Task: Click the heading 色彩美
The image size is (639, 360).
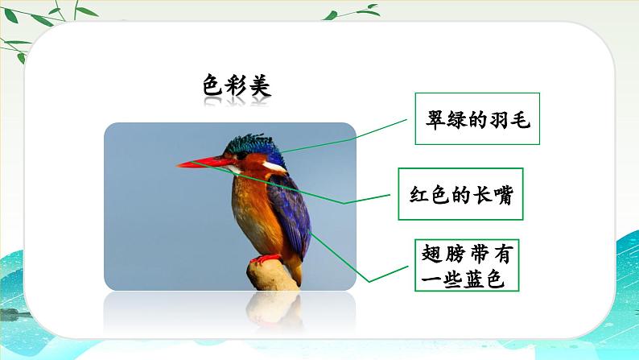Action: point(237,85)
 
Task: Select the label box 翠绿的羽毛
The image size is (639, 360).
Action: point(477,118)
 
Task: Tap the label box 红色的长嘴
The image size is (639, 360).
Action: point(460,194)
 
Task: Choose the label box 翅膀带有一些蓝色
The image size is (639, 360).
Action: point(467,266)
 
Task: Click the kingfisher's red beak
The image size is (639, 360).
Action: point(202,163)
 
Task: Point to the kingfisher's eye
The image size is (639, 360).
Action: point(241,155)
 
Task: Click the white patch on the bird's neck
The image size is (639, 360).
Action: point(274,166)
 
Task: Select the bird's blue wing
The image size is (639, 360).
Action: point(291,212)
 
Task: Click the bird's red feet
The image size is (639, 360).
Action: point(266,259)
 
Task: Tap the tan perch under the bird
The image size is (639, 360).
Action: point(272,276)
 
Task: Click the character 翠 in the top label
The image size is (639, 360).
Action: point(435,119)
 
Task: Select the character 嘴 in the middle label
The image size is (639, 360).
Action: point(503,194)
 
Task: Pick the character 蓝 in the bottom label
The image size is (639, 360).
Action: point(472,279)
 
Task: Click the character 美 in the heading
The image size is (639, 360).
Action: point(261,85)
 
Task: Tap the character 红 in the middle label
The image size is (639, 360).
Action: point(420,194)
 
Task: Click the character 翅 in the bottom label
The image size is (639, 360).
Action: point(432,254)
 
